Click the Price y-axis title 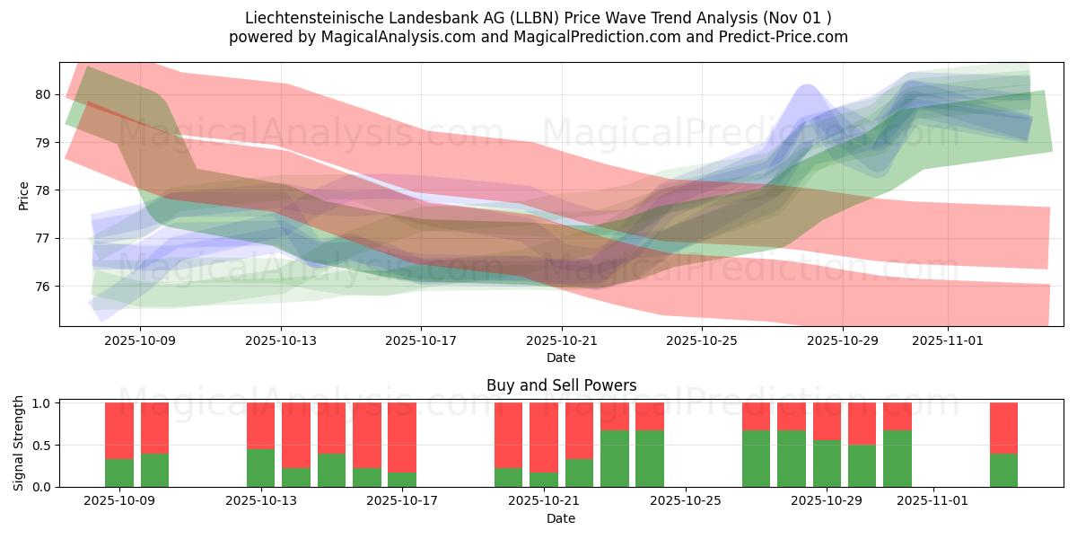pos(24,195)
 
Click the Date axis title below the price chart pos(561,358)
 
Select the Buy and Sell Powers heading pos(561,385)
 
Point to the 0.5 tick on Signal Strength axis pos(42,446)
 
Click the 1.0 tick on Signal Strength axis pos(42,403)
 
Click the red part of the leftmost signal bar pos(119,430)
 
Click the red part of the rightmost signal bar pos(1003,428)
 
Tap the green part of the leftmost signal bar pos(119,473)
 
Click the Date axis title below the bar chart pos(561,518)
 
